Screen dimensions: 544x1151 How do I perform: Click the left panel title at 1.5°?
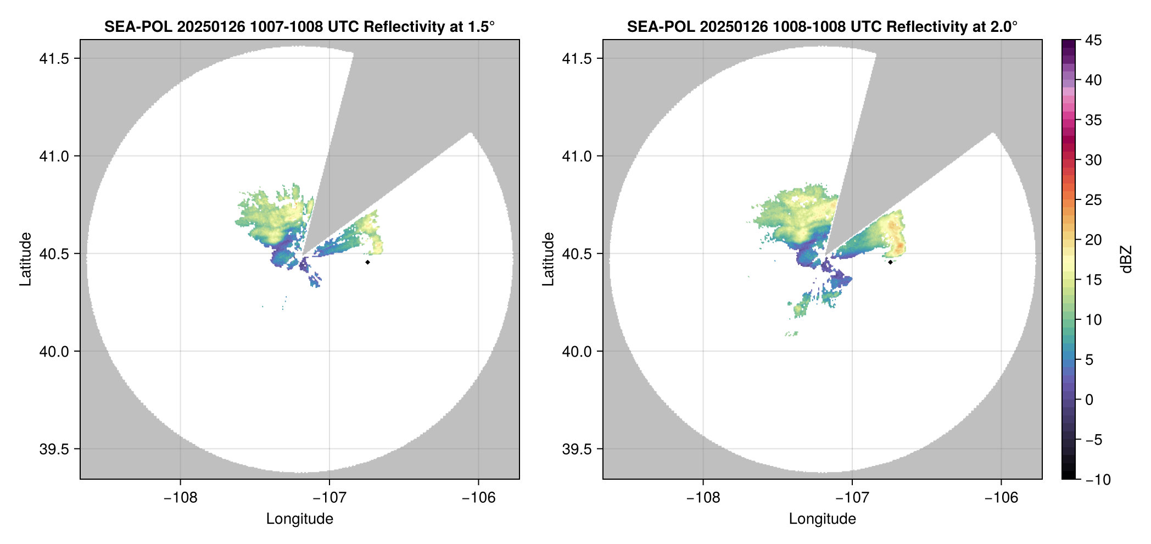[299, 26]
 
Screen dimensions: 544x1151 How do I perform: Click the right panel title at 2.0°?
[822, 26]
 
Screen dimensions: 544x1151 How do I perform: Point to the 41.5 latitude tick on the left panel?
[54, 59]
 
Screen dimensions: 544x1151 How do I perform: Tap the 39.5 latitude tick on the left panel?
[54, 449]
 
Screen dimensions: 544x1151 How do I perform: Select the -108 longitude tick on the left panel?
[180, 497]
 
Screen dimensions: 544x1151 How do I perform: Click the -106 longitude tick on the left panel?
[478, 497]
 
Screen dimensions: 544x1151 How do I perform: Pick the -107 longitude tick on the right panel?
[852, 497]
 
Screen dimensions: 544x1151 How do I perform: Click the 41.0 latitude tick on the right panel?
[577, 156]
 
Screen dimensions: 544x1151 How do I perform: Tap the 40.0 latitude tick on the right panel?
[577, 351]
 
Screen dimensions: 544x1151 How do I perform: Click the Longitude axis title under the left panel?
[299, 519]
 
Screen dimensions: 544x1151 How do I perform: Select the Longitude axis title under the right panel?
[822, 519]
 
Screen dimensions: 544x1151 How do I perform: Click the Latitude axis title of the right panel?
[548, 259]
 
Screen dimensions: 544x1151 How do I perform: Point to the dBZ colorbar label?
[1127, 259]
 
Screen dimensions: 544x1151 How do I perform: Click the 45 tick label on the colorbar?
[1093, 40]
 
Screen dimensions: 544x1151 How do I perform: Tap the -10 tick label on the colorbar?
[1098, 480]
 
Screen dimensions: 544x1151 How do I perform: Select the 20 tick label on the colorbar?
[1093, 240]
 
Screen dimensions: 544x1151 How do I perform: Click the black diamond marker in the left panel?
[367, 262]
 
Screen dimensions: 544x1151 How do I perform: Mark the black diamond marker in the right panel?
[890, 262]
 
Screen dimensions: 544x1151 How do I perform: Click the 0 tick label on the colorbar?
[1089, 399]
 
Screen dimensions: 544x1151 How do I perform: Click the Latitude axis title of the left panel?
[25, 259]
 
